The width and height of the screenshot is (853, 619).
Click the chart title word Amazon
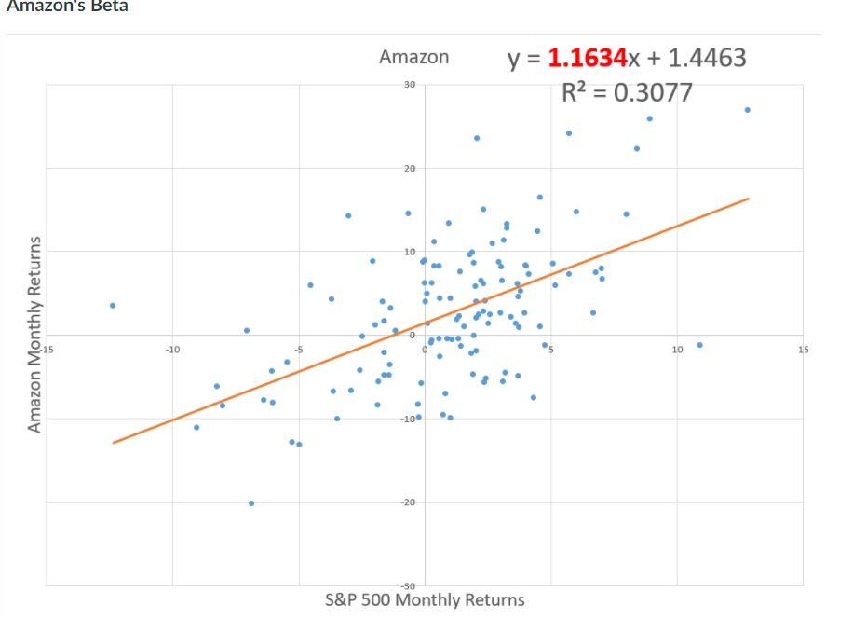click(x=413, y=57)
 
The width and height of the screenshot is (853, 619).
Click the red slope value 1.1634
click(x=587, y=58)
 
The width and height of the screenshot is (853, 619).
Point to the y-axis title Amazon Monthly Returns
click(x=34, y=334)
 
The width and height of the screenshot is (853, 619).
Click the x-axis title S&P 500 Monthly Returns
click(x=424, y=599)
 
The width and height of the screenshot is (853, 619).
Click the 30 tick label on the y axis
click(x=411, y=85)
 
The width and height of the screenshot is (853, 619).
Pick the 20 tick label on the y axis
click(x=411, y=169)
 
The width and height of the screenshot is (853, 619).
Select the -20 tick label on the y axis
click(x=409, y=502)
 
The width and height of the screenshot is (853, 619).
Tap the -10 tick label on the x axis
click(x=171, y=350)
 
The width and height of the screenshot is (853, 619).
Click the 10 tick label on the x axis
click(x=677, y=350)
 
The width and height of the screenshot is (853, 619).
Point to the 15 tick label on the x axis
click(x=803, y=350)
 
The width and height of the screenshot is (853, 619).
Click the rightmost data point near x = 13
click(x=747, y=110)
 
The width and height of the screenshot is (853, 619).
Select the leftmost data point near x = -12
click(x=113, y=305)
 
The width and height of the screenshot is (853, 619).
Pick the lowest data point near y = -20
click(x=251, y=503)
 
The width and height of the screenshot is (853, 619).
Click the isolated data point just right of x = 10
click(x=699, y=345)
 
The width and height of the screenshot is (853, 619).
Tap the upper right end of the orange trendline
click(x=748, y=199)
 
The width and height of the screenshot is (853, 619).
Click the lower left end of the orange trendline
click(x=113, y=443)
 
